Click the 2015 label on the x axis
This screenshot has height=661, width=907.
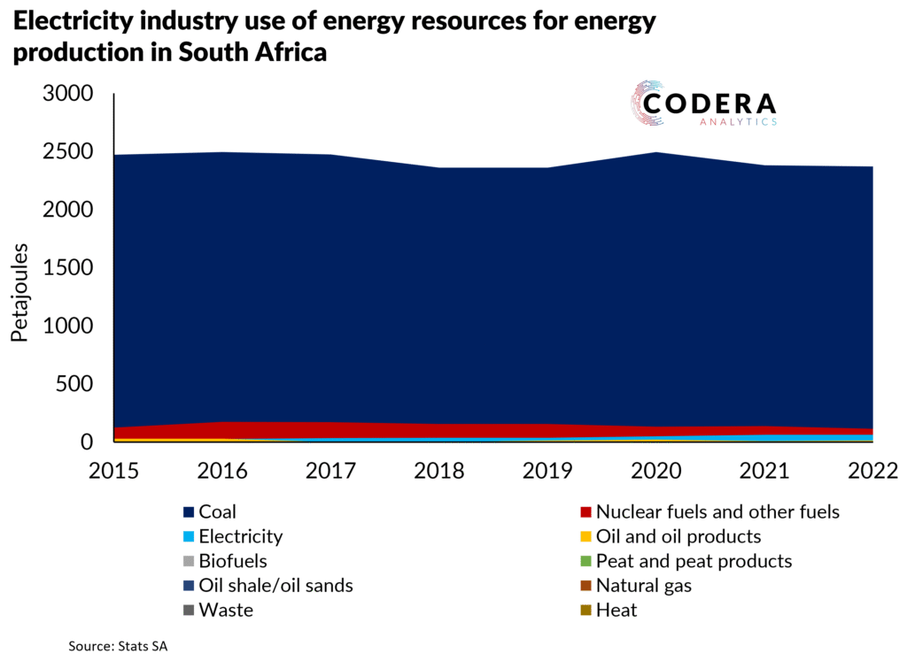113,469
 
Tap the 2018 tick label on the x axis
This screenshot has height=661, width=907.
439,469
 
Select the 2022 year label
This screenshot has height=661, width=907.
872,469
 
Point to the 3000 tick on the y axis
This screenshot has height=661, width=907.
67,94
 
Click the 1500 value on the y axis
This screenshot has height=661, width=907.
67,268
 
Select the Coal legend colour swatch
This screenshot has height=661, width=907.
188,511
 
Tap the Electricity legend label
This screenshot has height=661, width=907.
241,536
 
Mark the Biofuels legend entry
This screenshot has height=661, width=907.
233,561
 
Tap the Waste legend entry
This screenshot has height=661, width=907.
226,611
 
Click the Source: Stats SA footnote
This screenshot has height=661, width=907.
118,647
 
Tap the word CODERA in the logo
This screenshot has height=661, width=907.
709,104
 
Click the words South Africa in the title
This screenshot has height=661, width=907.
253,52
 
